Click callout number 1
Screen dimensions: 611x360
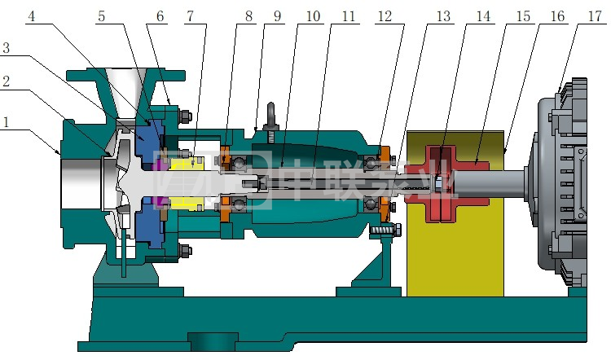point(5,122)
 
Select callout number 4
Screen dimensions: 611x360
point(32,16)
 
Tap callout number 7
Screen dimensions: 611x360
point(190,16)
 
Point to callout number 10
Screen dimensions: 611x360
point(313,16)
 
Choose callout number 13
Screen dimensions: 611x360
point(443,16)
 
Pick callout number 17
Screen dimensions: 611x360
point(595,16)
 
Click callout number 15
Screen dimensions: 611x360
point(523,16)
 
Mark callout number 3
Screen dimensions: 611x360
point(6,48)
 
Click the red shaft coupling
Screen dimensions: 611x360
point(446,183)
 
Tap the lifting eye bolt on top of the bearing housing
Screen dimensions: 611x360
point(270,117)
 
